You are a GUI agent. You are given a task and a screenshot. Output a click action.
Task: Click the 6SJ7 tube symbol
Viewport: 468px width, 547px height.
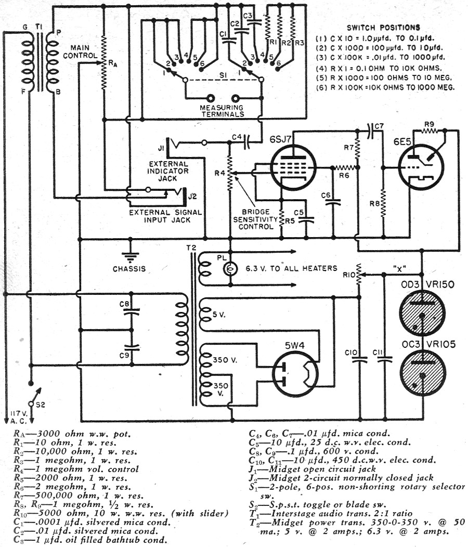pyautogui.click(x=291, y=168)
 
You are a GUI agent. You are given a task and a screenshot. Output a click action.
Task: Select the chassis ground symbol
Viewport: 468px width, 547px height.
pyautogui.click(x=128, y=255)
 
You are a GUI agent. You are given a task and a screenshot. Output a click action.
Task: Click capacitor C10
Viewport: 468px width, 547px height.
pyautogui.click(x=357, y=359)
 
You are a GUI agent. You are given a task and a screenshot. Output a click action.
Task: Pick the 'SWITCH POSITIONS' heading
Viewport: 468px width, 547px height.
pyautogui.click(x=383, y=27)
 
